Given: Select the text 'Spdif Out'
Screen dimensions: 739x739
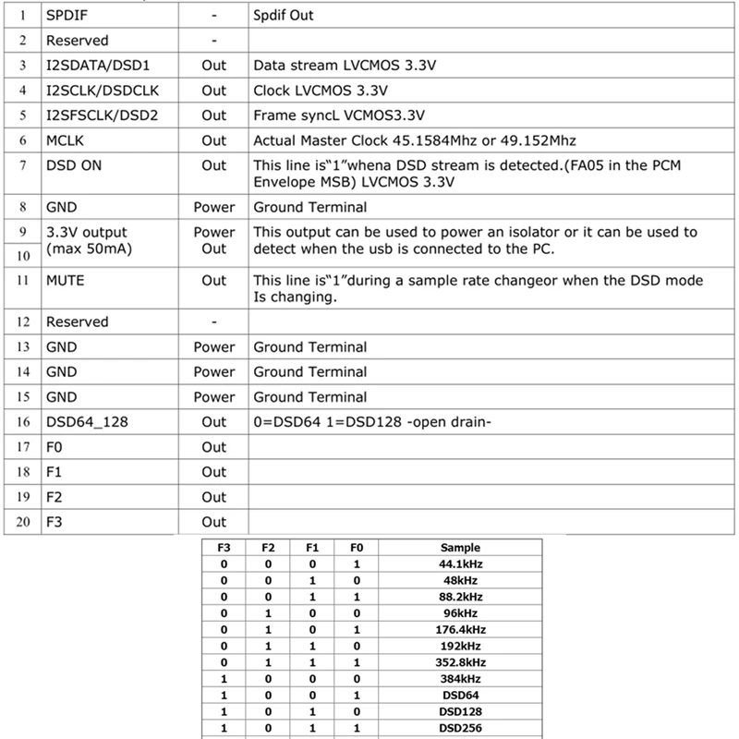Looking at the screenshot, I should (283, 17).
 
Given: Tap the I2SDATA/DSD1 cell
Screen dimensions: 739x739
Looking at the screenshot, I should (97, 67).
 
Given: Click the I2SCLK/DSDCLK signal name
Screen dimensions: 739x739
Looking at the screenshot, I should (103, 91).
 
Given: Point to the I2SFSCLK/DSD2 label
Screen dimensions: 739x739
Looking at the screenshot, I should (104, 115).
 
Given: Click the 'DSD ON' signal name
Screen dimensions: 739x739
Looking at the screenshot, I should (72, 165).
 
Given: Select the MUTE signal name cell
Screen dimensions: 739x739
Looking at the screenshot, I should (65, 280).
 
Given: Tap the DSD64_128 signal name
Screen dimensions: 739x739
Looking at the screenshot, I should (88, 422).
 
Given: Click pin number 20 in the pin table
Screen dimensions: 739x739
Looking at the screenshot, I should (23, 522).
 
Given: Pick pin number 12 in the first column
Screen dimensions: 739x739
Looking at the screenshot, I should (23, 322).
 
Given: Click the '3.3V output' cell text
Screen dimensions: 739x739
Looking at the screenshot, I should (87, 233).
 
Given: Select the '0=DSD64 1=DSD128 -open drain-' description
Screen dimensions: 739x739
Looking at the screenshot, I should (371, 422).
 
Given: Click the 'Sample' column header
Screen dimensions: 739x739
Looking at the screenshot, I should (460, 548).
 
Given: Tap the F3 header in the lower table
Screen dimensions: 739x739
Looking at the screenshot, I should (222, 548).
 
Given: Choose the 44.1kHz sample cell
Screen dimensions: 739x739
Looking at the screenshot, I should (460, 563).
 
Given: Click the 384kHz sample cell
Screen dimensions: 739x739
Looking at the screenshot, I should (460, 679).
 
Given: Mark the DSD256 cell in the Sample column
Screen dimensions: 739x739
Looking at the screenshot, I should (460, 728).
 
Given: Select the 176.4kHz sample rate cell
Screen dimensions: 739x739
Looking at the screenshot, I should (460, 629).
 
